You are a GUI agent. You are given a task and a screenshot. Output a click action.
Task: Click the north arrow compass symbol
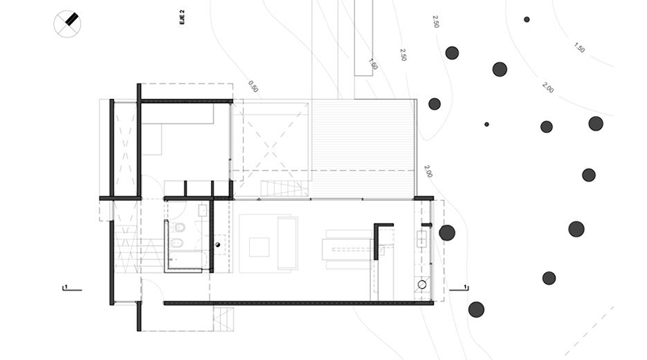tap(67, 24)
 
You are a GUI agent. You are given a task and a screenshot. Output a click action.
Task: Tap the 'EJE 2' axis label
tap(183, 17)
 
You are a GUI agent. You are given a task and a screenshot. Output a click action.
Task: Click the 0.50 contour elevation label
tap(253, 86)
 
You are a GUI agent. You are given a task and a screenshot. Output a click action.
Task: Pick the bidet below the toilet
tap(176, 244)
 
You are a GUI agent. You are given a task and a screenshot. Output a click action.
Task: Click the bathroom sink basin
tap(202, 210)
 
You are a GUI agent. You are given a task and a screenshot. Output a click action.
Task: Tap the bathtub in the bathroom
tap(187, 260)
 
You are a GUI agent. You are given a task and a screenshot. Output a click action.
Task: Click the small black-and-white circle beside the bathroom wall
tap(218, 244)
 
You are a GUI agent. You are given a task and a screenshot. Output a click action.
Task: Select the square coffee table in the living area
tap(259, 247)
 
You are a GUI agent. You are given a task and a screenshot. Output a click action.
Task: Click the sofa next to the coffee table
tap(288, 243)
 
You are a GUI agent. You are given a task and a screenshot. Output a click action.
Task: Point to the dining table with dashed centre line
tap(349, 249)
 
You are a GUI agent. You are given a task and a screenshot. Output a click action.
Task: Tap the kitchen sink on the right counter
tap(422, 238)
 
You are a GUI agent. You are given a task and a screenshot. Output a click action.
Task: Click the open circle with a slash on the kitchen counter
tap(422, 285)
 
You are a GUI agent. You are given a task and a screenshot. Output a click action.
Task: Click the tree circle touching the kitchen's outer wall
tap(447, 233)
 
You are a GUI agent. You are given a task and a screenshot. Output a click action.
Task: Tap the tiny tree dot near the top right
tap(527, 20)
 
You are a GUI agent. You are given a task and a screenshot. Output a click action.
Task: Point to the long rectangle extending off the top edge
tap(364, 38)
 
